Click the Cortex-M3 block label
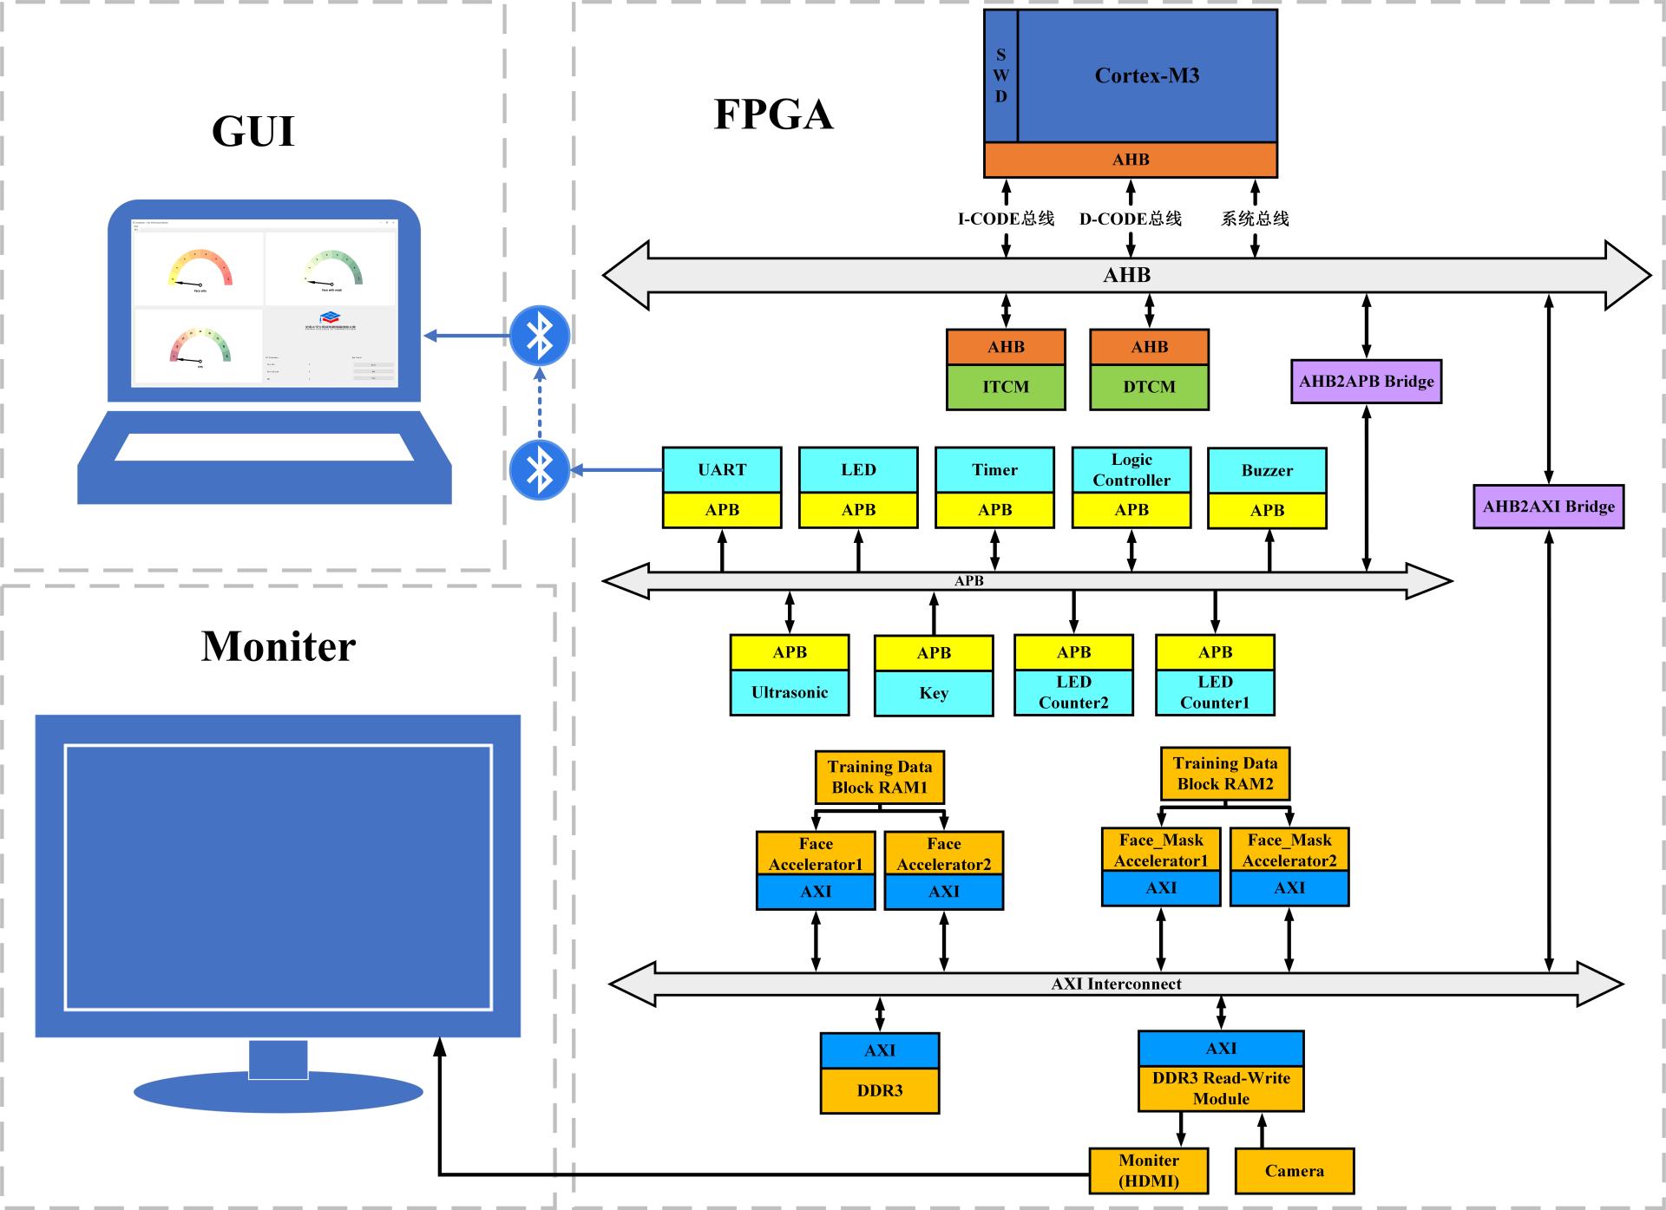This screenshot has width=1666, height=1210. coord(1146,75)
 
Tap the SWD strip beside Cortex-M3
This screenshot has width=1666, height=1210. coord(1000,75)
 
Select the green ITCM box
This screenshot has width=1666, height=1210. coord(1006,387)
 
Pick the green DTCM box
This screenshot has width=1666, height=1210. coord(1149,387)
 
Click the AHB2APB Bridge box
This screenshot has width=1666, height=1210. coord(1366,382)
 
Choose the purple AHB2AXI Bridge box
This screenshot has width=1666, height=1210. coord(1548,507)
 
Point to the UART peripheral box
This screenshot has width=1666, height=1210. coord(722,470)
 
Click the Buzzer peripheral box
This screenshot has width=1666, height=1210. coord(1267,471)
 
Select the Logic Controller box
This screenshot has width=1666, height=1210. coord(1131,470)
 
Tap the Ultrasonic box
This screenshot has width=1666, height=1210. coord(790,692)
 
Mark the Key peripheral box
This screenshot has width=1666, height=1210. coord(934,693)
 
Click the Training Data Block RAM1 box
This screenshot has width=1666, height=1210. coord(880,777)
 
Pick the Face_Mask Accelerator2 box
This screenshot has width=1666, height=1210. coord(1289,851)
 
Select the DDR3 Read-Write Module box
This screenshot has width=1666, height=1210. coord(1221,1089)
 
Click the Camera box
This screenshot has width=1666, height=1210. coord(1294,1171)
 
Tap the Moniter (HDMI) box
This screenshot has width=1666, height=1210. coord(1148,1171)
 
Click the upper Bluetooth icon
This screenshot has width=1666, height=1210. coord(540,336)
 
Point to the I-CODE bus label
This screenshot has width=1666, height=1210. coord(1006,219)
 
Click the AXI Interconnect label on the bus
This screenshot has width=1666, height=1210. coord(1116,984)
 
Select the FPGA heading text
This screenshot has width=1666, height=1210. coord(773,114)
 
